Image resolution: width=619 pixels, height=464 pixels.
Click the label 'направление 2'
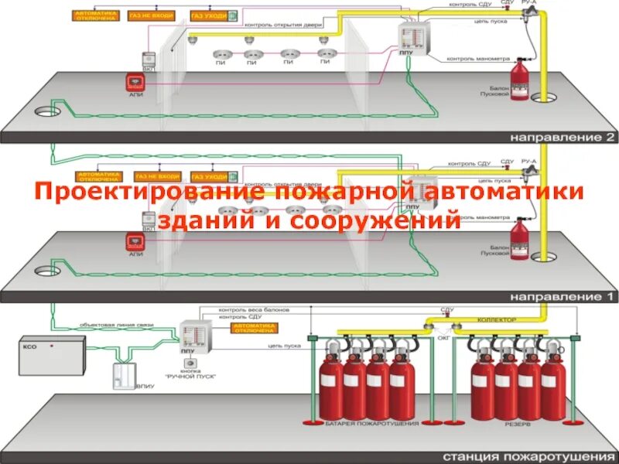562,138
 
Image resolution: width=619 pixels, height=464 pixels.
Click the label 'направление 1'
562,296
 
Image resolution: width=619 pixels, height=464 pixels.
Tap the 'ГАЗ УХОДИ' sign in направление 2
208,15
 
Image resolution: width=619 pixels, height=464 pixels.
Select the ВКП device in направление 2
147,60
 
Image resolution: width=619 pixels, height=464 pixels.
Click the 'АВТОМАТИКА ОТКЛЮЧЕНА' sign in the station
252,328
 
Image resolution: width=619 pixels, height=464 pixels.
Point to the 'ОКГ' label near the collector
443,338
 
